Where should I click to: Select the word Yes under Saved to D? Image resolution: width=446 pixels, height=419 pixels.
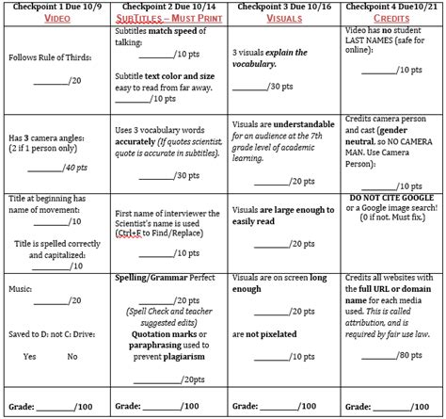29,357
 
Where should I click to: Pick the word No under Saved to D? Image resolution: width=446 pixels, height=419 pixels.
72,357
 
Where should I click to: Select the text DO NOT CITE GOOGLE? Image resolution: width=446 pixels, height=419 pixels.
388,200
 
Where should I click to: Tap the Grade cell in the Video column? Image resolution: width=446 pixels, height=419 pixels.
56,408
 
